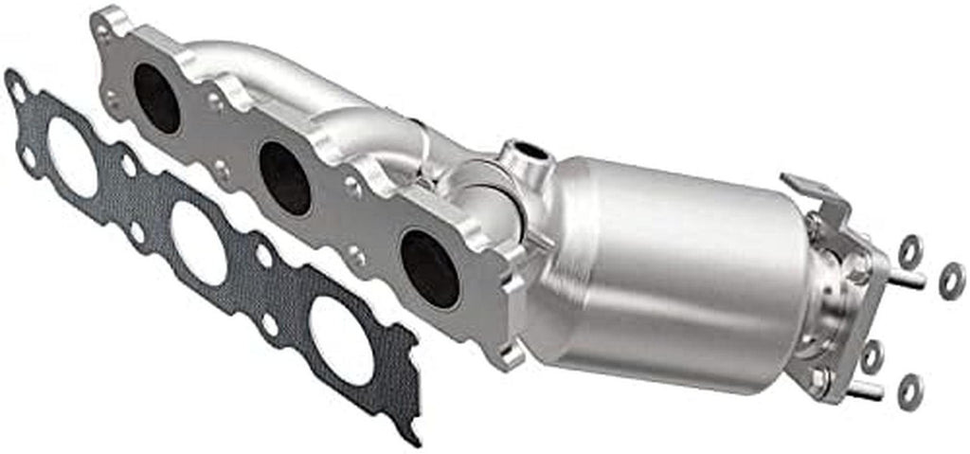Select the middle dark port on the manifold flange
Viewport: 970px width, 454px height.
pos(284,177)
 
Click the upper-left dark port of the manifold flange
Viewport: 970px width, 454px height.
pos(156,98)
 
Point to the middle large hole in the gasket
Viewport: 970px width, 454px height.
pos(199,243)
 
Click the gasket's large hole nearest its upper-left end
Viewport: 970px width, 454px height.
pos(71,156)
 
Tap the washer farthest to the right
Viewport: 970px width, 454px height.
pos(951,281)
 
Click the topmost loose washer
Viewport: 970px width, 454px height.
pos(910,249)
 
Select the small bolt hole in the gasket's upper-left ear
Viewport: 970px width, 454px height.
pos(18,90)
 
